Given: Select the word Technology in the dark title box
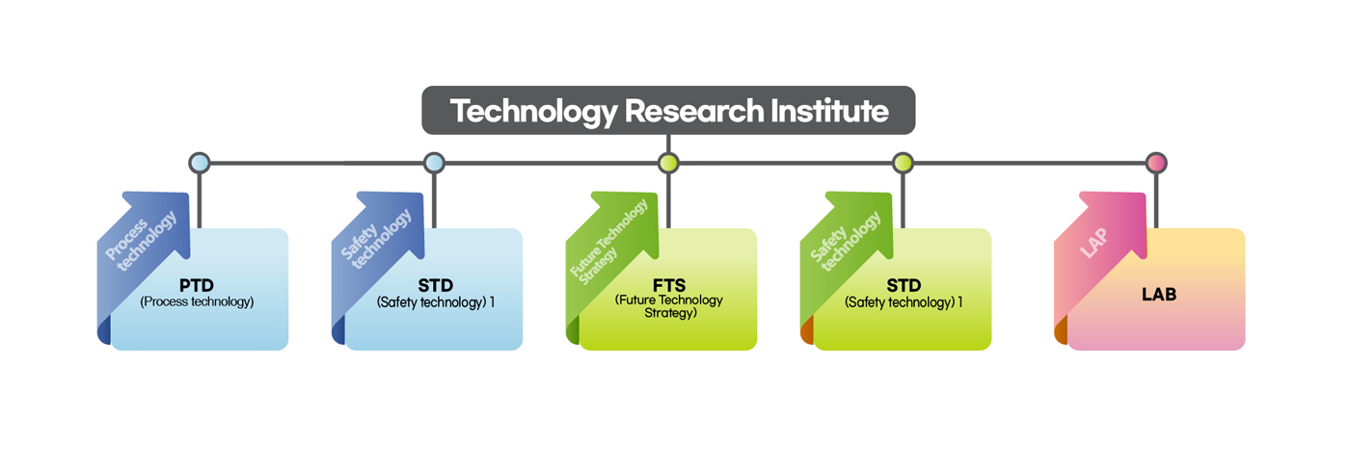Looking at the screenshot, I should (533, 111).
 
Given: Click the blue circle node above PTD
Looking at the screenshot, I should (200, 163).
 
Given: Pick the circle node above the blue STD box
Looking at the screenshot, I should (434, 163).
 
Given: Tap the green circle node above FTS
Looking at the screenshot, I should (668, 163).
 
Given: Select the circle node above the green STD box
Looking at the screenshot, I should (903, 163).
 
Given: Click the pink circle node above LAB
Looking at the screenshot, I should (1156, 163).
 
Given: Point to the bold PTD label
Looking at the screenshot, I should (196, 286).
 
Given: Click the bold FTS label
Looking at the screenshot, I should (668, 285).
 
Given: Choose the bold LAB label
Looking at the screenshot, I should (1158, 295).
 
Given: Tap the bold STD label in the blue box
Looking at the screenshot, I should (435, 286).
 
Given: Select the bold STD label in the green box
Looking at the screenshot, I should (904, 286).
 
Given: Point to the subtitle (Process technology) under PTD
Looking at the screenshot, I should (197, 301).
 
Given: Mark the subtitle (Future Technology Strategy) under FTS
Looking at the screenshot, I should (668, 306).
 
